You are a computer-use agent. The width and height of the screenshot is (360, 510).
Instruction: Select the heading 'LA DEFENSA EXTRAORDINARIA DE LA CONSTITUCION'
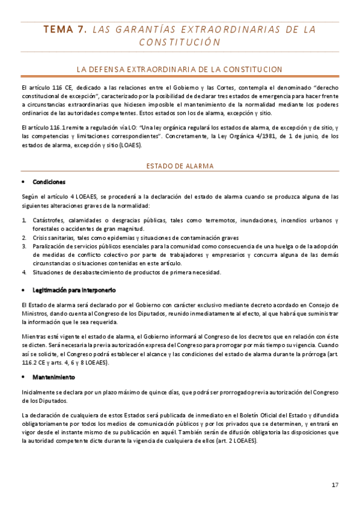pos(180,70)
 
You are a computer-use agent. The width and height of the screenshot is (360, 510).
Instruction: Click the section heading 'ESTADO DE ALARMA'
pos(180,165)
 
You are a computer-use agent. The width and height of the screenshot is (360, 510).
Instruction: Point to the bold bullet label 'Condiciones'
pos(49,182)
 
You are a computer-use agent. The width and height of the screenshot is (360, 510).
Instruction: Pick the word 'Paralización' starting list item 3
pos(51,246)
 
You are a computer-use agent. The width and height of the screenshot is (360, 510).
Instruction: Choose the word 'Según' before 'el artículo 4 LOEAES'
pos(28,197)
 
